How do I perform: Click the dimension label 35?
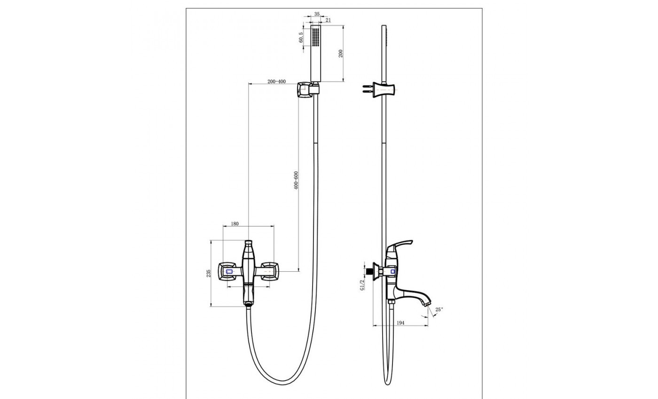pos(317,14)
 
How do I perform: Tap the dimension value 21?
pos(328,20)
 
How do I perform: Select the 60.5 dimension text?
pos(301,38)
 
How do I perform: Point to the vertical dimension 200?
pos(340,54)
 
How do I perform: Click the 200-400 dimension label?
pos(276,82)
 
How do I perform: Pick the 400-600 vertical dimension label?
pos(296,180)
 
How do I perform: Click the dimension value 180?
pos(235,224)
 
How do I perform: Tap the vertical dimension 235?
pos(209,273)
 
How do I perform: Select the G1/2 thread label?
pos(362,285)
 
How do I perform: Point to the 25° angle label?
pos(439,309)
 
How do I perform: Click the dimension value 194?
pos(400,323)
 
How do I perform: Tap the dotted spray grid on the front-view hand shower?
pos(315,37)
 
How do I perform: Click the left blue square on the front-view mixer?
pos(229,272)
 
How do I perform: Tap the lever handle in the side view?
pos(399,247)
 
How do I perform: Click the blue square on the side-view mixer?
pos(392,272)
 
